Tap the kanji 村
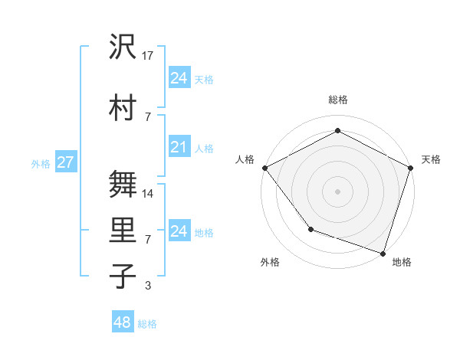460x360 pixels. (x=123, y=108)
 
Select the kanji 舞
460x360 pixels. (x=123, y=184)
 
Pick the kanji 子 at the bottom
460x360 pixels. (x=123, y=276)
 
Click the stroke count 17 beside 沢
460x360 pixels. (x=148, y=56)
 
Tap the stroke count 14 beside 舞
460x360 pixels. (x=148, y=194)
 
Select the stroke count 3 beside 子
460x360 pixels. (x=148, y=286)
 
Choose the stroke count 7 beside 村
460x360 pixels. (x=148, y=116)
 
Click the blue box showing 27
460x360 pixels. (x=65, y=162)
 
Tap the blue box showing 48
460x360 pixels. (x=122, y=322)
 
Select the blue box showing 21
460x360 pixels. (x=179, y=147)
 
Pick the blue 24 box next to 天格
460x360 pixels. (x=179, y=78)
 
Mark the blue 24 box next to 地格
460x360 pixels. (x=179, y=231)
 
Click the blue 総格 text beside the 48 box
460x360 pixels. (x=148, y=324)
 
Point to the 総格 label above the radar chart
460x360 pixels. (x=337, y=100)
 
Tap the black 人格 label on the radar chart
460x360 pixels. (x=245, y=159)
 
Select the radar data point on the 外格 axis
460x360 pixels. (x=310, y=228)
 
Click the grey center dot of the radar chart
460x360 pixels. (x=337, y=191)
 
